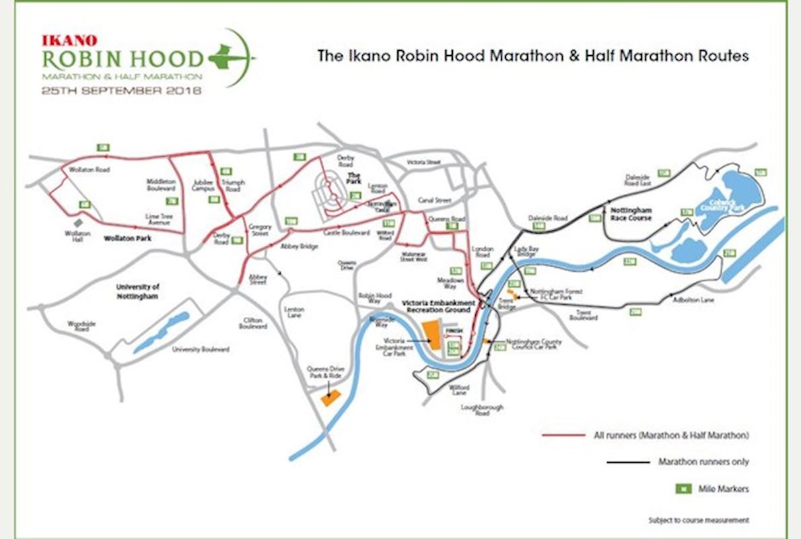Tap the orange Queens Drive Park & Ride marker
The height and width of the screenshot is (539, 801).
click(x=330, y=398)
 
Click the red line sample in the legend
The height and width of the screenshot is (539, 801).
click(x=563, y=435)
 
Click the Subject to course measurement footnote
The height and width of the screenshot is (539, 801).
click(x=698, y=520)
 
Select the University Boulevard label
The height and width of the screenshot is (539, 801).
click(x=201, y=349)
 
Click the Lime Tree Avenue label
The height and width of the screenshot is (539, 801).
click(x=161, y=219)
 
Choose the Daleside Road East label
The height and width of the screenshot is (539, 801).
click(x=638, y=179)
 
